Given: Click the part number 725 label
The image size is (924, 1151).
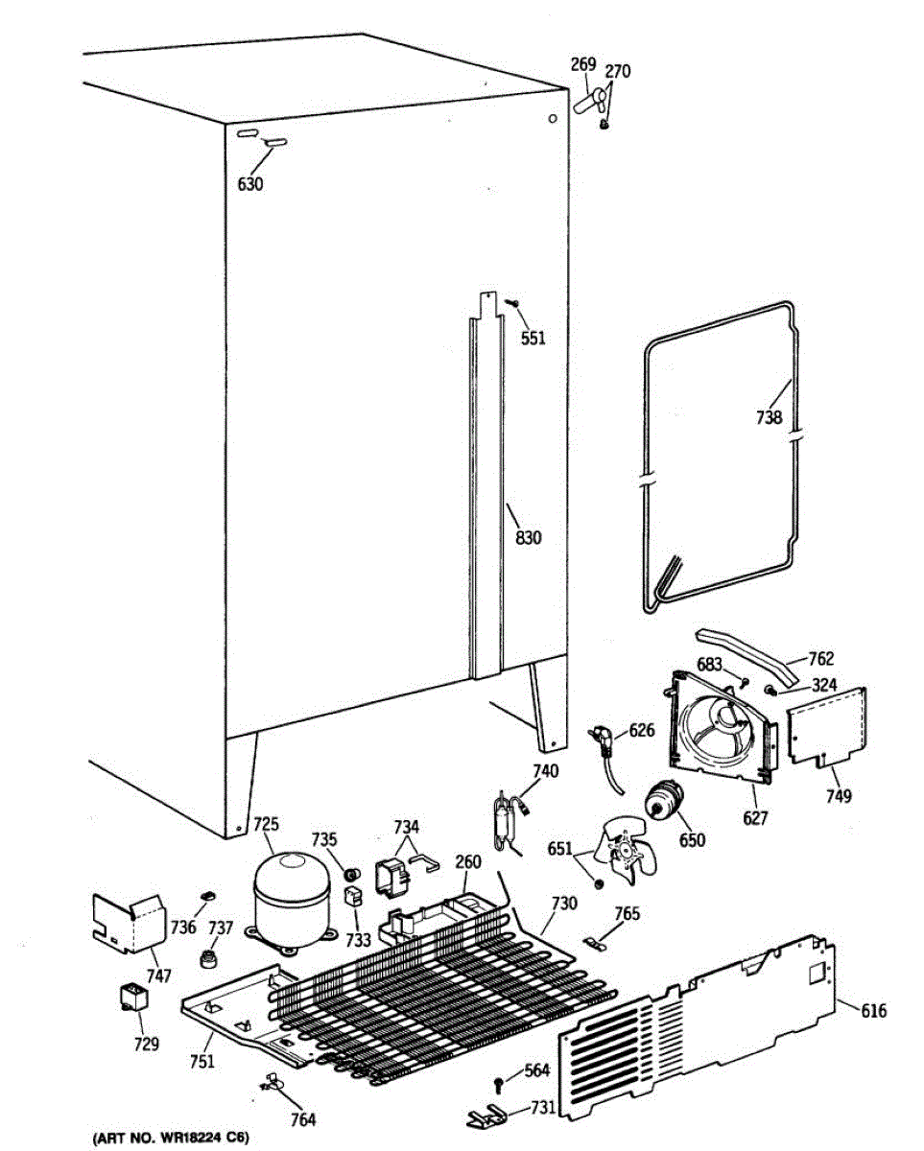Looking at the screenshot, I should [x=265, y=824].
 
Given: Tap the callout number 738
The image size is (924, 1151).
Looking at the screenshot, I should [x=768, y=417].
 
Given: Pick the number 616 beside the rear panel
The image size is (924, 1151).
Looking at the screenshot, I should [x=874, y=1011].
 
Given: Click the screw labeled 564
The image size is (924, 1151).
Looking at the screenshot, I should [x=499, y=1083].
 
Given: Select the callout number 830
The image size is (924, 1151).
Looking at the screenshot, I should [x=529, y=538].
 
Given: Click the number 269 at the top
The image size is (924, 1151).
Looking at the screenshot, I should [x=583, y=64].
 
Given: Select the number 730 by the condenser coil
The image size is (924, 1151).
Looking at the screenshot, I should [x=564, y=904].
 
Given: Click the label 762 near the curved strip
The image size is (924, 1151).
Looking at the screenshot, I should [x=820, y=659].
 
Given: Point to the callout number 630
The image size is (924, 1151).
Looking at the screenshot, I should [x=249, y=185].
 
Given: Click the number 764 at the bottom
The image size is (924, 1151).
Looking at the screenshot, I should [x=302, y=1118].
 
